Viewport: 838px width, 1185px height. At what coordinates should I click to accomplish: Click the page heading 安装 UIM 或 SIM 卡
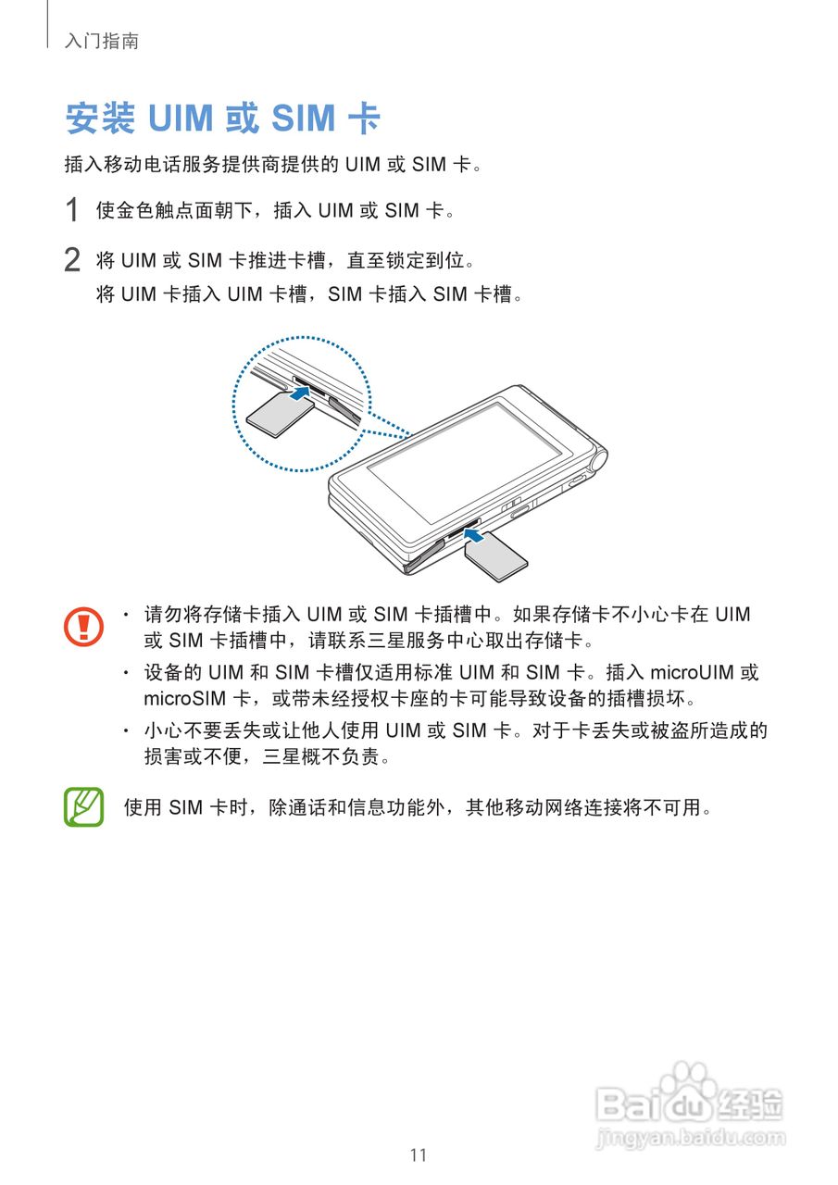(223, 118)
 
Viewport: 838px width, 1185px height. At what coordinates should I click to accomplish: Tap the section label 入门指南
(102, 41)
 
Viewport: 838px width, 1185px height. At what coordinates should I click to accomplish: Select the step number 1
(72, 211)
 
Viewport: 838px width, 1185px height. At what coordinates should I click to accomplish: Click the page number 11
(419, 1154)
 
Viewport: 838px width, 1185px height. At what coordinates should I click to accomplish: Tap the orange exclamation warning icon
(84, 627)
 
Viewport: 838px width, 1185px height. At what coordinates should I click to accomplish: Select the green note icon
(84, 806)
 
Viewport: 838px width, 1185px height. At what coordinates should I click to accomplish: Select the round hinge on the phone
(595, 457)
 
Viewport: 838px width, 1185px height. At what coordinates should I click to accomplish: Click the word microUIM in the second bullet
(691, 672)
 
